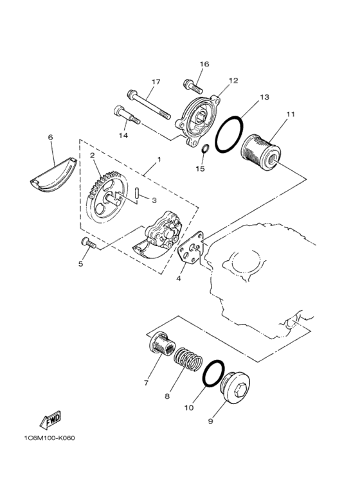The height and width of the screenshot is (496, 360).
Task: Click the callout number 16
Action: click(204, 64)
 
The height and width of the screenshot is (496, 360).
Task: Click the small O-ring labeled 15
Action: click(203, 151)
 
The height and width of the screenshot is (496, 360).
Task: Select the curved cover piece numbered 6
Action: click(53, 173)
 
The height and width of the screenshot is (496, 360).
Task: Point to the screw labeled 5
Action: click(87, 243)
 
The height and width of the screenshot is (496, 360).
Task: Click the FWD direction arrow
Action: click(50, 420)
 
